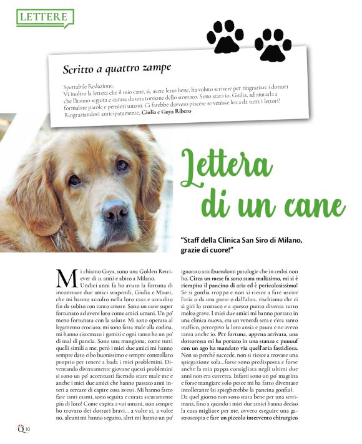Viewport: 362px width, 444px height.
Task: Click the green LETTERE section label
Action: click(43, 17)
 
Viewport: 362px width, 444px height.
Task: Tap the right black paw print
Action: click(272, 42)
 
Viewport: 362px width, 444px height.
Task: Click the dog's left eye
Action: click(74, 180)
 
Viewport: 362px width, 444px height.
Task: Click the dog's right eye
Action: click(122, 165)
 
